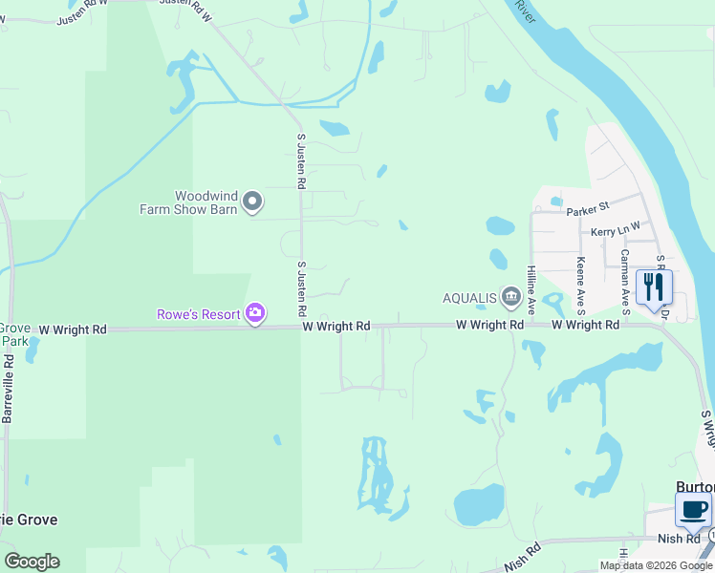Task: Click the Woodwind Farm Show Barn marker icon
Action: (252, 202)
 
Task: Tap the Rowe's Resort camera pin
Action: (254, 312)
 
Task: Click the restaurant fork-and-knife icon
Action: (654, 286)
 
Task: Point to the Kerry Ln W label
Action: (614, 232)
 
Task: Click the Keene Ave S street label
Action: (580, 285)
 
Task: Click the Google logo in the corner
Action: (32, 562)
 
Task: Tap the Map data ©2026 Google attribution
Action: (656, 566)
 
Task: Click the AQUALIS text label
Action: (468, 298)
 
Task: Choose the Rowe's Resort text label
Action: (200, 313)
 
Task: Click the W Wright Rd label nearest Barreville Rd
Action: (73, 329)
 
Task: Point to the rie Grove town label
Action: (29, 520)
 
